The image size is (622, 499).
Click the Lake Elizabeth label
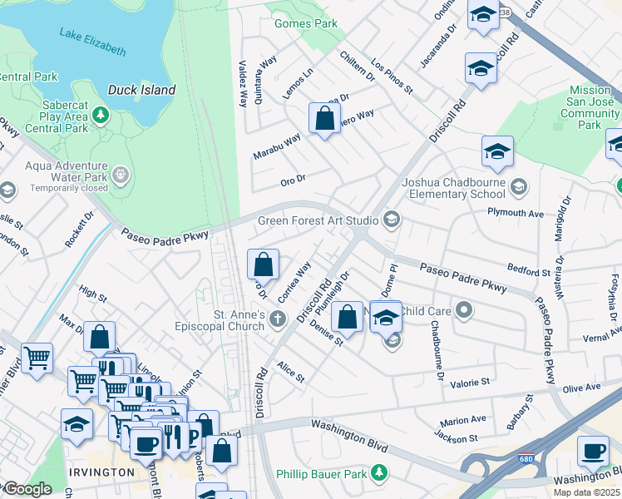coord(92,42)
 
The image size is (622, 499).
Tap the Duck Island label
coord(141,90)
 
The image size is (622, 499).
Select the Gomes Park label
coord(306,23)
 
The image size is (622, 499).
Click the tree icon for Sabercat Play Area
coord(100,113)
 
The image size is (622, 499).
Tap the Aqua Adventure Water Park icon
coord(121,175)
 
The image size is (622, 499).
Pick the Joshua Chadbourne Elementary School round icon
coord(520,185)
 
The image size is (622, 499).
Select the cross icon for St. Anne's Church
coord(281,318)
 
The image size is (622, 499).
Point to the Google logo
coord(27,489)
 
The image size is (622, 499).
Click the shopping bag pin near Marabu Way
coord(324,118)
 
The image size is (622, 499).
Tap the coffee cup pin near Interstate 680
coord(593,451)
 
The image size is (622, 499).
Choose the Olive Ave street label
coord(581,388)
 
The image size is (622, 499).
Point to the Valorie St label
coord(471,383)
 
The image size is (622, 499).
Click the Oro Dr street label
coord(293,178)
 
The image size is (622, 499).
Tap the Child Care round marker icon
coord(465,311)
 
